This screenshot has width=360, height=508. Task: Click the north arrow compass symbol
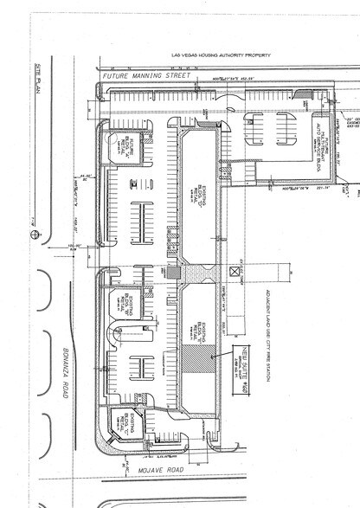click(35, 234)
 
